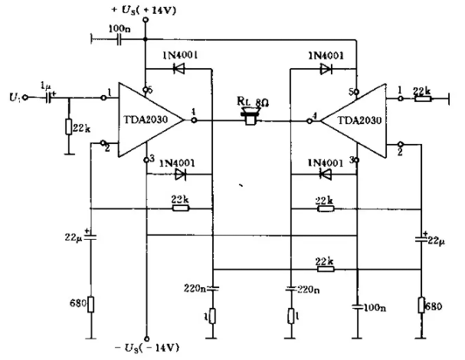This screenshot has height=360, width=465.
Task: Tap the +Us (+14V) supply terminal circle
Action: pos(146,20)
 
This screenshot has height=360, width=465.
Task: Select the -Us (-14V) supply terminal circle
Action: pos(147,339)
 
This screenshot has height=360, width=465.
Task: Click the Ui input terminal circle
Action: pos(25,97)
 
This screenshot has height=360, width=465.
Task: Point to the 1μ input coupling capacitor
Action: pos(48,97)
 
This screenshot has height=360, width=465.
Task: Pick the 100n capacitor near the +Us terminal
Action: pos(119,39)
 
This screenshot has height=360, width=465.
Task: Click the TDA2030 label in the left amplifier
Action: pos(146,119)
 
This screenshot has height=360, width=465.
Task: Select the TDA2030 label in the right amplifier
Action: pos(359,120)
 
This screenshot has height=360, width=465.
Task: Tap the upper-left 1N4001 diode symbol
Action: pos(178,69)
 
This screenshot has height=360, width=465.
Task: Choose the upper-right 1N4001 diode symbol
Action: pos(326,69)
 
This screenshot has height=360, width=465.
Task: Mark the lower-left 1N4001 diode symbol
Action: pos(180,174)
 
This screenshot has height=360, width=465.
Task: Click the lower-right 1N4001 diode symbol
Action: pos(326,174)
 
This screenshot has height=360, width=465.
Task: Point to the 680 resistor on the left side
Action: pos(90,304)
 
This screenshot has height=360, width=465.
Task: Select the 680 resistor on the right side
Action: pos(421,305)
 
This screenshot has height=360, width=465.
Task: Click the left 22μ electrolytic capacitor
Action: pos(90,237)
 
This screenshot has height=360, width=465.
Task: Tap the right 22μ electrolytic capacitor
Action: pos(421,239)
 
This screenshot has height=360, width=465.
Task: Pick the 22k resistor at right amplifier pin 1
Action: pos(423,98)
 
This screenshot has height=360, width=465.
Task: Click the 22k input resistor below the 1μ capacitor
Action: pos(69,126)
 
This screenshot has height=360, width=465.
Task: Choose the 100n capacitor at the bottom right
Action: pos(357,307)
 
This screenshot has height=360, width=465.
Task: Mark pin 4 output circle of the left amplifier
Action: pos(194,120)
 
